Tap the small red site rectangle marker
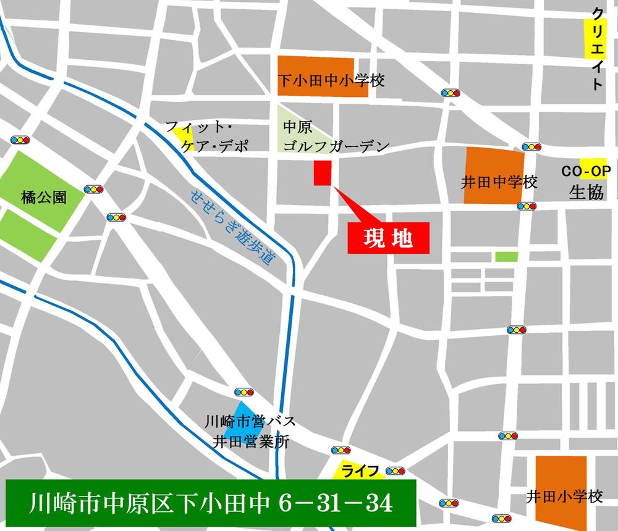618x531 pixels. coord(323,173)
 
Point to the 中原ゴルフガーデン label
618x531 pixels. coord(334,137)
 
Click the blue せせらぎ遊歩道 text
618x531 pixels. coord(232,227)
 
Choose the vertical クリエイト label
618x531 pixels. coord(596,49)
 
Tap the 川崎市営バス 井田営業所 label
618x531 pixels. coord(250,432)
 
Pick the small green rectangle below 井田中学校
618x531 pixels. coord(506,256)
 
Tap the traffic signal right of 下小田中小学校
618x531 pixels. coord(451,93)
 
